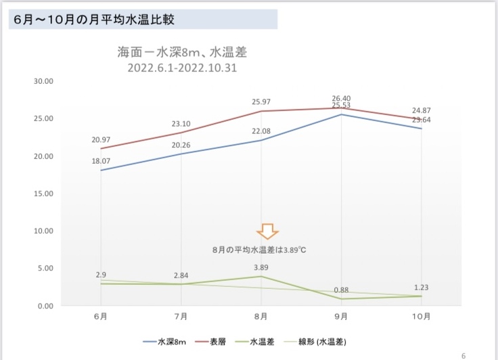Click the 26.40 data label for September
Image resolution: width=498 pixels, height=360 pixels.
(342, 97)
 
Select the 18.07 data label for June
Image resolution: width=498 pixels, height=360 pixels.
(101, 162)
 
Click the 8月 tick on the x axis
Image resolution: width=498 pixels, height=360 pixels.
(261, 316)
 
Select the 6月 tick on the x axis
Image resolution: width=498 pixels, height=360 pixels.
(101, 316)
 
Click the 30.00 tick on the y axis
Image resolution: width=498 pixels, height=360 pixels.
(43, 81)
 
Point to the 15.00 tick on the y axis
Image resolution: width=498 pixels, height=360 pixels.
(43, 194)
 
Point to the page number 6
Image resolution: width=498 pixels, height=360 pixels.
(463, 355)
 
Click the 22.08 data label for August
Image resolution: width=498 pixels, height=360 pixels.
(261, 131)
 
